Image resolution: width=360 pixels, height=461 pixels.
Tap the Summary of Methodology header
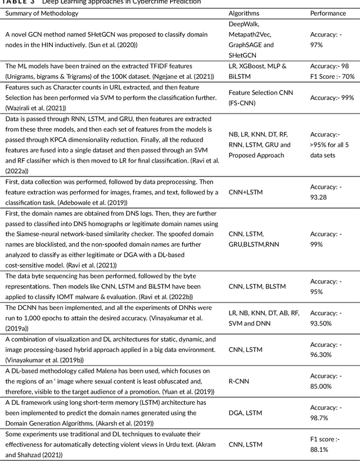(42, 13)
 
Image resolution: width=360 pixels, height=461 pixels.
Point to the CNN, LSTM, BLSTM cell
(257, 286)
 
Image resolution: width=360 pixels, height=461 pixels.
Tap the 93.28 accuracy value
(319, 197)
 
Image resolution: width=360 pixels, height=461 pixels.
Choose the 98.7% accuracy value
(320, 417)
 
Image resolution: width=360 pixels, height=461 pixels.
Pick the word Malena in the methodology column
(101, 370)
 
